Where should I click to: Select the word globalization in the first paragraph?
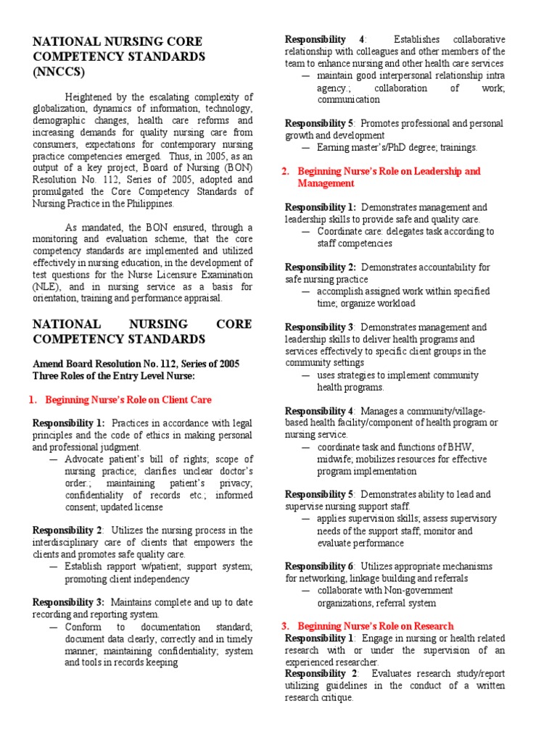pos(64,109)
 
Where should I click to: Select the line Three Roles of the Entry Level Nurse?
pos(113,375)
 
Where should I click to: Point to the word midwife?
pos(337,459)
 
